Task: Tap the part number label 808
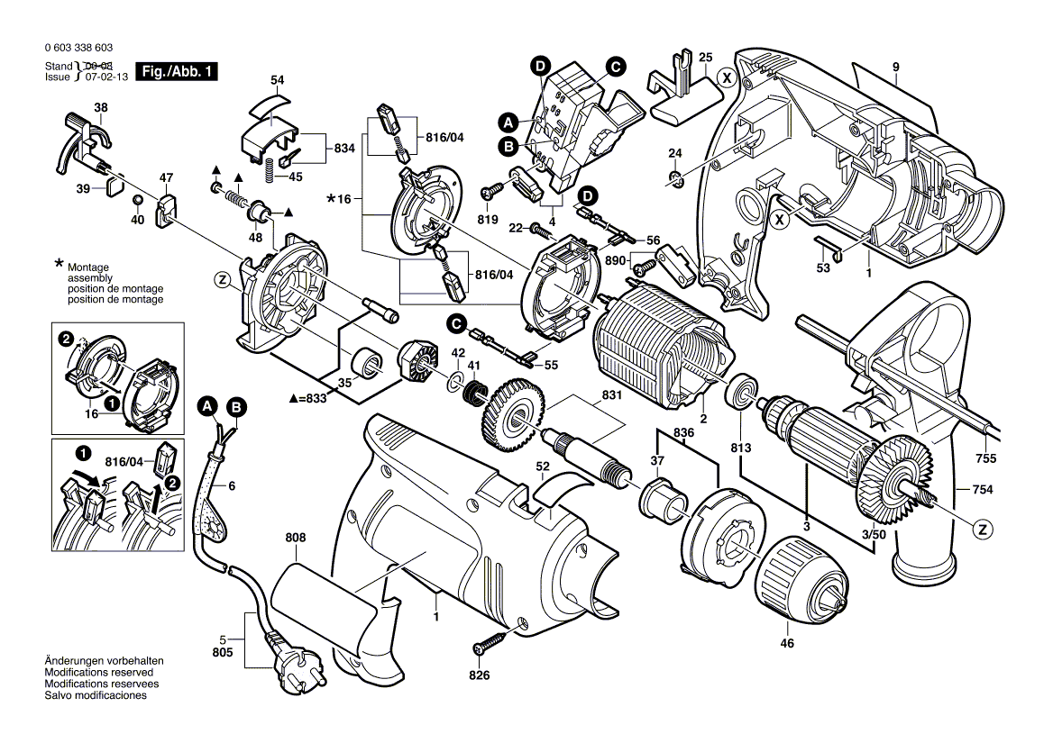point(296,538)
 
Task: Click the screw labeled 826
point(490,644)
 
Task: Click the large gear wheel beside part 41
point(513,415)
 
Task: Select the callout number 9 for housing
point(896,67)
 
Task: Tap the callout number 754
point(983,490)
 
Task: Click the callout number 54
point(277,81)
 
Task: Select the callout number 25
point(705,57)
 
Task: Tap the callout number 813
point(740,449)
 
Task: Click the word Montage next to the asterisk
point(87,268)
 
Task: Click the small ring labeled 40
point(136,198)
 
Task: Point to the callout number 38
point(101,109)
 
